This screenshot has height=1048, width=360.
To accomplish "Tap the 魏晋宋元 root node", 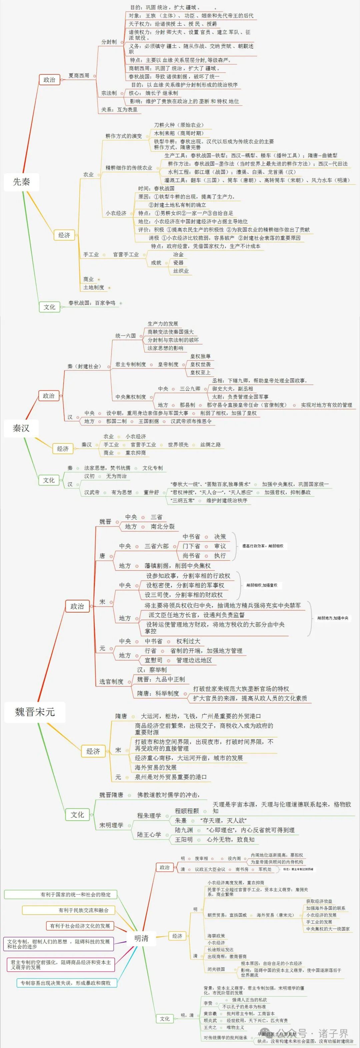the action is [35, 712].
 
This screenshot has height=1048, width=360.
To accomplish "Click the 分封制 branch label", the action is [109, 42].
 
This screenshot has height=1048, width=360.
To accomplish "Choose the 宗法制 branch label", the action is [109, 93].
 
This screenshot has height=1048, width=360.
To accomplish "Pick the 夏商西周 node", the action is [79, 76].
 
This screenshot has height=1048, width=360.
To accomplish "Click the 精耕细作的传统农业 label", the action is [129, 168].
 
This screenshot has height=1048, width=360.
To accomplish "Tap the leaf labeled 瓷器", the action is [179, 263].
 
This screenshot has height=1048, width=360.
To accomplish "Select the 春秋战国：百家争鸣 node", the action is [92, 303].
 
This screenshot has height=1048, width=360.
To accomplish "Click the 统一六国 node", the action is [126, 336].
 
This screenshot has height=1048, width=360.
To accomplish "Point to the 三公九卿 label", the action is [190, 389].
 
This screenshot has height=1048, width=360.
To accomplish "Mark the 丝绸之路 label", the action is [210, 445].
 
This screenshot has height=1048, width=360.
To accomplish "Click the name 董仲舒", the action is [151, 492].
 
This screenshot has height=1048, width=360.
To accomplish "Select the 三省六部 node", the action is [157, 546].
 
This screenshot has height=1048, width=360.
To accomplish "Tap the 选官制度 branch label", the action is [111, 681].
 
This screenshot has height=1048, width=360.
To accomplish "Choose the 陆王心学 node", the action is [149, 834].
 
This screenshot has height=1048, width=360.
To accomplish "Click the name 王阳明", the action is [184, 839].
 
